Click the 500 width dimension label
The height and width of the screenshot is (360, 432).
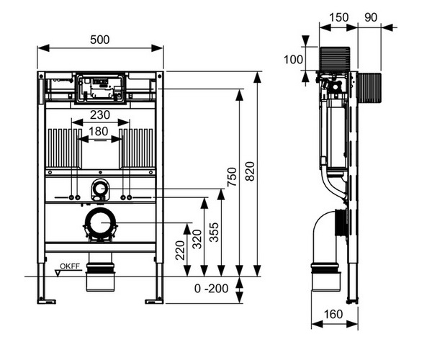tap(100, 40)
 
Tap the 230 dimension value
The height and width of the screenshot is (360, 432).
tap(100, 115)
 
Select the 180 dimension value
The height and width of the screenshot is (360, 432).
tap(98, 131)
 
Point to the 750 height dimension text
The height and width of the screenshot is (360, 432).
tap(232, 176)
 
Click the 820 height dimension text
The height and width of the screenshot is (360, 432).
tap(250, 171)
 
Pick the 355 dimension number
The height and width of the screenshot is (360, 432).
tap(214, 232)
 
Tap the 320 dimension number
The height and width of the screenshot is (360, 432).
tap(197, 239)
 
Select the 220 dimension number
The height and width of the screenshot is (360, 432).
tap(180, 251)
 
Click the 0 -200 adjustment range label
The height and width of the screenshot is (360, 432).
tap(211, 289)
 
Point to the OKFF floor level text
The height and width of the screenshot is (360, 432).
tap(70, 266)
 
